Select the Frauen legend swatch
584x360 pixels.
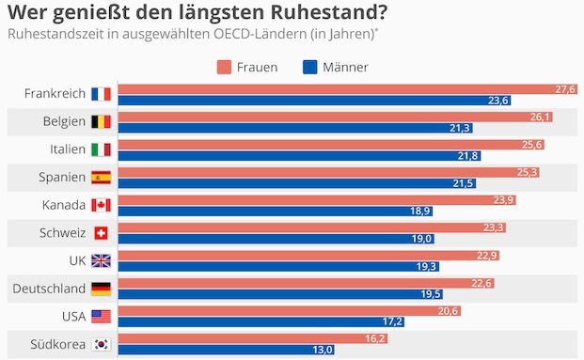coord(223,67)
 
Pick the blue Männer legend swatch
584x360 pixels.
coord(309,67)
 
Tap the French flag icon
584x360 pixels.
coord(101,94)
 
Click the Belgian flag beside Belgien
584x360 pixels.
coord(101,121)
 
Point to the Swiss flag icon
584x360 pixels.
coord(101,233)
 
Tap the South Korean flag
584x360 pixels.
coord(101,344)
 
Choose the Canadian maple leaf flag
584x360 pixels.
coord(101,205)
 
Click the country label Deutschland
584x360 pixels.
coord(49,289)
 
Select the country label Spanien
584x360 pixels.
coord(62,177)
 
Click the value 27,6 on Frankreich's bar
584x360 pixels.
coord(564,88)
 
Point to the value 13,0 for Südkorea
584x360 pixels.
coord(322,351)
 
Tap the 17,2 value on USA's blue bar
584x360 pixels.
coord(392,322)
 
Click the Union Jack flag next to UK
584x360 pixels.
coord(101,260)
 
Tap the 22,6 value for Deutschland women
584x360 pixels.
coord(481,283)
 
